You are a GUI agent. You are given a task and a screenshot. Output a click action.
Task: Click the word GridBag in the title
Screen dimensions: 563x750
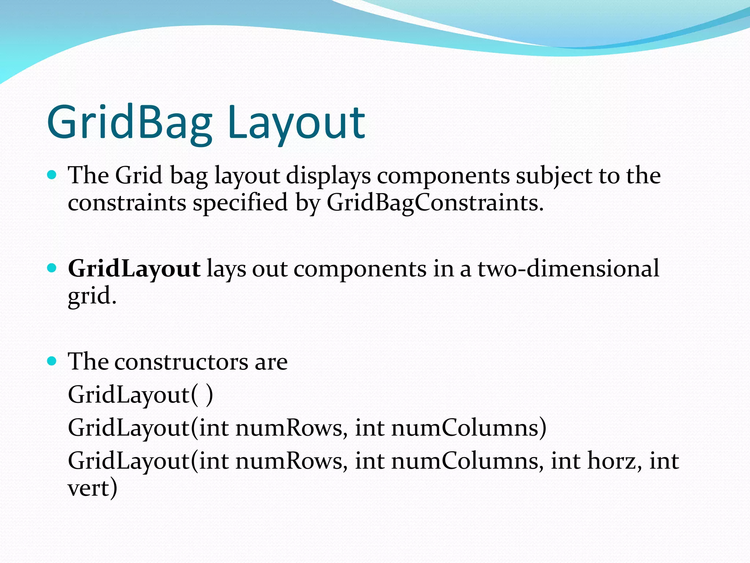coord(130,123)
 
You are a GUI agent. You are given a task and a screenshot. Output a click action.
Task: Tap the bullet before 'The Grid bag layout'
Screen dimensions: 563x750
coord(52,175)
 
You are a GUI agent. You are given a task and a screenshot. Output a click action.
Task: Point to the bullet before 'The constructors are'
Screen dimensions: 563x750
coord(52,361)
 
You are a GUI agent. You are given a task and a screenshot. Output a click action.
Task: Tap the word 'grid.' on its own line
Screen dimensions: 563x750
coord(92,295)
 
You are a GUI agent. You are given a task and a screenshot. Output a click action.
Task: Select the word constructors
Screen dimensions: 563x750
coord(181,362)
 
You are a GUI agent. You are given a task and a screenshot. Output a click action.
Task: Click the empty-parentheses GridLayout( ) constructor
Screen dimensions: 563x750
coord(140,395)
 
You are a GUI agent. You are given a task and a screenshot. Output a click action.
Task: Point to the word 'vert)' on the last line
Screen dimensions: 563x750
coord(92,488)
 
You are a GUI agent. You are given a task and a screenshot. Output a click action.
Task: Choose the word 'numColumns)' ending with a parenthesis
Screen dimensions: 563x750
coord(469,428)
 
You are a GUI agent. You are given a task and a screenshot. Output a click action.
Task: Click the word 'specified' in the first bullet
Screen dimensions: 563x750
coord(240,203)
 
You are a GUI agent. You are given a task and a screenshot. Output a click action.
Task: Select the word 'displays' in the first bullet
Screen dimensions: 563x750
coord(328,176)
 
